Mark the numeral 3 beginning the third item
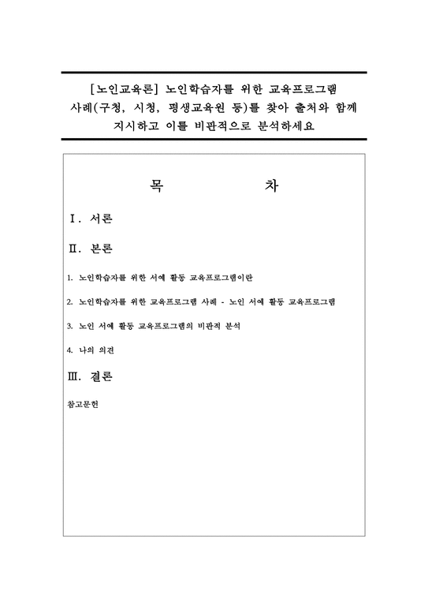point(71,327)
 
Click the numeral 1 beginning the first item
point(71,278)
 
